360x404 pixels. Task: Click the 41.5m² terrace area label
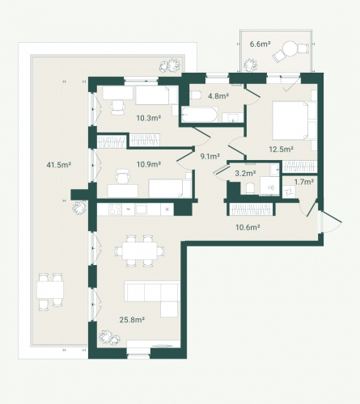pyautogui.click(x=58, y=164)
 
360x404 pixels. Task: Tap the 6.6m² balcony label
pyautogui.click(x=260, y=44)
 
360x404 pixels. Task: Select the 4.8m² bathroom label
pyautogui.click(x=218, y=95)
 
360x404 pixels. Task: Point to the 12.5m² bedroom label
pyautogui.click(x=282, y=149)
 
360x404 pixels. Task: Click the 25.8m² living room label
pyautogui.click(x=132, y=320)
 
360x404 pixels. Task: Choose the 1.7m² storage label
pyautogui.click(x=304, y=182)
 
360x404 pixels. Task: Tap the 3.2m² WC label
pyautogui.click(x=245, y=173)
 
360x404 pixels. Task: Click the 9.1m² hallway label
pyautogui.click(x=210, y=156)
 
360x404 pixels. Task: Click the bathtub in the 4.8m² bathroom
pyautogui.click(x=199, y=115)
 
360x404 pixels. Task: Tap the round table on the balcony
pyautogui.click(x=290, y=48)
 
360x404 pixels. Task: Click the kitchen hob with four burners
pyautogui.click(x=115, y=209)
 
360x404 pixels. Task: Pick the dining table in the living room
pyautogui.click(x=139, y=250)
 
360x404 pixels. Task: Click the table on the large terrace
pyautogui.click(x=50, y=290)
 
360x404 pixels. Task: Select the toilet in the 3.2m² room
pyautogui.click(x=250, y=188)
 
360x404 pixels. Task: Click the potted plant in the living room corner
pyautogui.click(x=110, y=337)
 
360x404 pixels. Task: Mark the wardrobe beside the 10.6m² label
pyautogui.click(x=251, y=209)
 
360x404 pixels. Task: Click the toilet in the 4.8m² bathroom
pyautogui.click(x=195, y=95)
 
